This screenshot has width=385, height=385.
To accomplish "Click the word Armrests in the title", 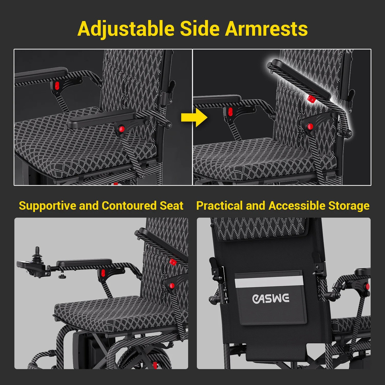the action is point(266,29).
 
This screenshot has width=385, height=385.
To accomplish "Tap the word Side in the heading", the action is point(200,28).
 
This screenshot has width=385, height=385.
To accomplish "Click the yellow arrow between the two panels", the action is point(194,118).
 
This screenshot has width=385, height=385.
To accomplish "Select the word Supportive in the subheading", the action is point(48,206).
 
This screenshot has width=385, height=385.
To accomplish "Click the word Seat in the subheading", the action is point(171,206).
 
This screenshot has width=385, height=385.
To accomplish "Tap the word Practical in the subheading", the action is point(219,206).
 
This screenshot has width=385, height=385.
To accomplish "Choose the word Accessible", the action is point(297,206).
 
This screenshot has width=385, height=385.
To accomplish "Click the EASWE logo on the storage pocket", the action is point(270,299).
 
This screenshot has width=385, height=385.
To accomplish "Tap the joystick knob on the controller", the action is point(37,251).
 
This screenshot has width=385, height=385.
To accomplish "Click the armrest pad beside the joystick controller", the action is point(84,263).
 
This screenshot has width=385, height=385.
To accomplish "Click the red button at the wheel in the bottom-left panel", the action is point(155,365).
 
